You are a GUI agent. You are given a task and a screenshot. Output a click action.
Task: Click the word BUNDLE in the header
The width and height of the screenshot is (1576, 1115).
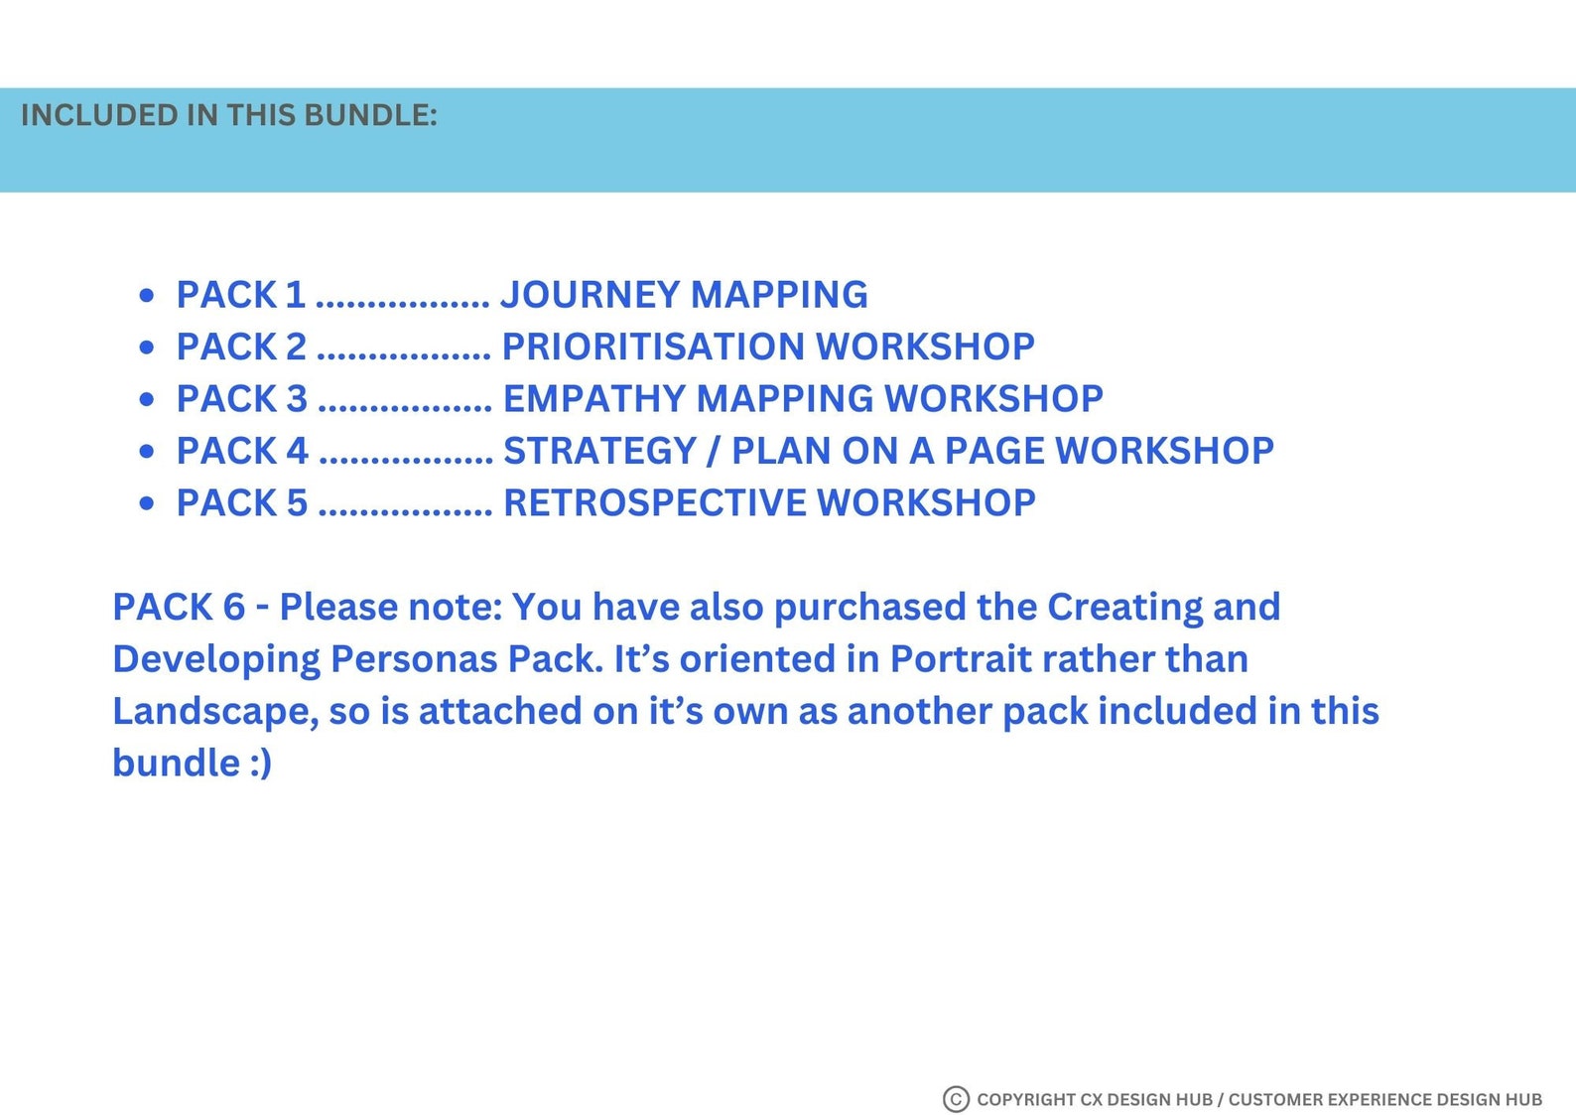click(x=369, y=115)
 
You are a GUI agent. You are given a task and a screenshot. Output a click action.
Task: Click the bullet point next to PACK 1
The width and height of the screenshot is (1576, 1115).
click(x=147, y=295)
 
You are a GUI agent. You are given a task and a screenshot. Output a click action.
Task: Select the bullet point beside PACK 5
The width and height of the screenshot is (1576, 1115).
click(x=147, y=503)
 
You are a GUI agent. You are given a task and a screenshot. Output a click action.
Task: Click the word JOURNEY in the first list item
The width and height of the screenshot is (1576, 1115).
click(x=590, y=295)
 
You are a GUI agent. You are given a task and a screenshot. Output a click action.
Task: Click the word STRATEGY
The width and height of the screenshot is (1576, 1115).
click(x=599, y=451)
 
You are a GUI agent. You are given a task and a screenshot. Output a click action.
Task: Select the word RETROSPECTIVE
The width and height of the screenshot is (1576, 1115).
click(x=655, y=503)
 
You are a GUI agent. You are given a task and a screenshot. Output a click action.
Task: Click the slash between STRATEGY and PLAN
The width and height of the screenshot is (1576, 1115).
click(x=713, y=452)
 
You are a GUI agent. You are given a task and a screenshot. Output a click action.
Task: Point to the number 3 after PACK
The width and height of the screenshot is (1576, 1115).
click(x=297, y=399)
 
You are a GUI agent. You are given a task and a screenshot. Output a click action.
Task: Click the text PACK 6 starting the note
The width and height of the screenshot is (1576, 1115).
click(x=179, y=607)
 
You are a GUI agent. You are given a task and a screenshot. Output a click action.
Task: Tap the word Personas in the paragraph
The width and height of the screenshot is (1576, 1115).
click(x=413, y=659)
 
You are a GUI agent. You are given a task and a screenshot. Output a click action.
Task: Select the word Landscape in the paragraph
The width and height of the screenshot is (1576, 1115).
click(x=214, y=712)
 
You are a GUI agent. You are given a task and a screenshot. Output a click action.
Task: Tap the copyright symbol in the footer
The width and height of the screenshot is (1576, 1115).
click(x=955, y=1099)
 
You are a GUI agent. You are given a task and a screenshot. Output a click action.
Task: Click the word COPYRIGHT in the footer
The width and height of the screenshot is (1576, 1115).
click(x=1025, y=1099)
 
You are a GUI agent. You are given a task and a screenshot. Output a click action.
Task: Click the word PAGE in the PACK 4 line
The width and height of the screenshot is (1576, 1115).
click(x=993, y=451)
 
